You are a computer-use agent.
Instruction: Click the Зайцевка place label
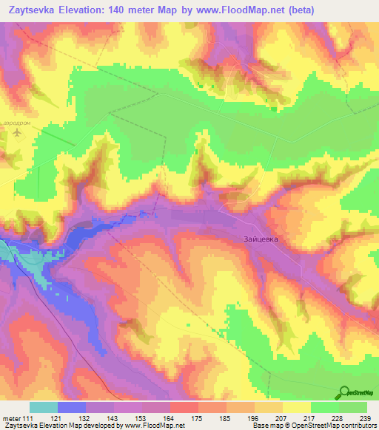(x=261, y=239)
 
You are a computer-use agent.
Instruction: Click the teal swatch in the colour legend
(x=44, y=407)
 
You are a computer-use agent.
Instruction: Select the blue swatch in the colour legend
(x=72, y=407)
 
